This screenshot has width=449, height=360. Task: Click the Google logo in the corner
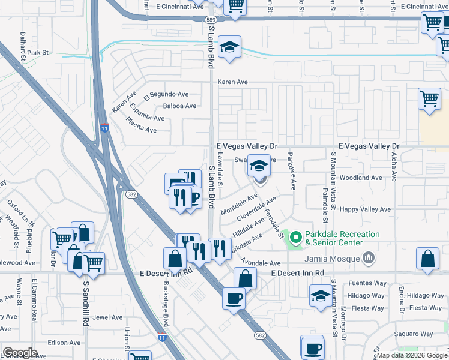[20, 353]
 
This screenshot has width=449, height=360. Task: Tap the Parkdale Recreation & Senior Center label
[342, 238]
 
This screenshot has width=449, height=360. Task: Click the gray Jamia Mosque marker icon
[368, 259]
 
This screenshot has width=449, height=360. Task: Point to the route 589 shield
[211, 19]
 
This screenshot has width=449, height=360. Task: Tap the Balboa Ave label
[179, 106]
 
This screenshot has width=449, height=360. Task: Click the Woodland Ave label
[360, 178]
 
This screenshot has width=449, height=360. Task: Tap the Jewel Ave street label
[107, 317]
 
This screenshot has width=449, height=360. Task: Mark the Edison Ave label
[68, 343]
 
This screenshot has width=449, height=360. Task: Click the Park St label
[37, 53]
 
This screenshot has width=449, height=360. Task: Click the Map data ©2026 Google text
[412, 355]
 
